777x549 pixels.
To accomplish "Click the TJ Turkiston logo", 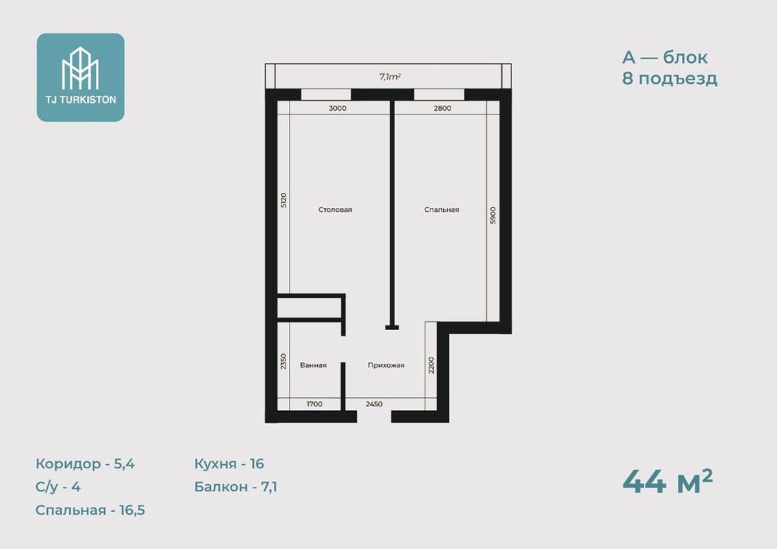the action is tap(80, 77).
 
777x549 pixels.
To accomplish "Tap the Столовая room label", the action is tap(335, 210).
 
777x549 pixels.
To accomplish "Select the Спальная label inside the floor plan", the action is tap(442, 210).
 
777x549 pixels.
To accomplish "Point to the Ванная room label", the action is tap(313, 365).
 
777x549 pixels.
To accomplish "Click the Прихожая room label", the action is tap(386, 365).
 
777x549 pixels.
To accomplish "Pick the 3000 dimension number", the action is tap(337, 108).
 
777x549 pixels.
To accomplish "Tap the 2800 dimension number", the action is tap(443, 108).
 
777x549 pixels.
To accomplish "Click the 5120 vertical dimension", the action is tap(284, 200).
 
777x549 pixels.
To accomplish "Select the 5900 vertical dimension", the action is tap(493, 216).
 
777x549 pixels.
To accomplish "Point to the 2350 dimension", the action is tap(284, 361).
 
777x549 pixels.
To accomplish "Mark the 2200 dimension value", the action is tap(431, 365).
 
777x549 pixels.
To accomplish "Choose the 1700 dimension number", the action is tap(315, 404).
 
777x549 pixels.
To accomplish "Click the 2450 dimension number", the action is tap(374, 404).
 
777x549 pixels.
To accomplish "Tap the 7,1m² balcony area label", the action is tap(390, 76).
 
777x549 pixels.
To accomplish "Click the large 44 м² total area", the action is tap(668, 482).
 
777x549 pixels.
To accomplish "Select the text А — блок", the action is tap(664, 58).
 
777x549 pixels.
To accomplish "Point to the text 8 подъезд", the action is tap(670, 79).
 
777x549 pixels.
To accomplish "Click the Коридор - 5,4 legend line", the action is tap(85, 464).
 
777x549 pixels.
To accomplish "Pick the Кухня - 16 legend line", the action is tap(229, 464).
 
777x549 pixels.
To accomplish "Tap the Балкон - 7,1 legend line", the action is tap(236, 487).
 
